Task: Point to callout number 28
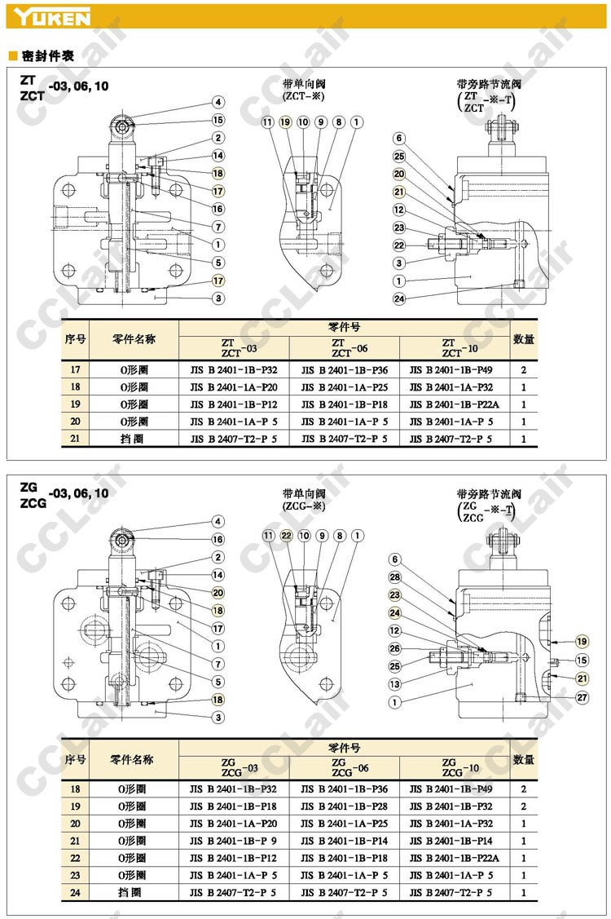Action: tap(396, 577)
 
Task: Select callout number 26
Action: tap(396, 648)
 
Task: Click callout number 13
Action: tap(396, 684)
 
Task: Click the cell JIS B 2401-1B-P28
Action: tap(345, 806)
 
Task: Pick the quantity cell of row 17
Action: tap(523, 369)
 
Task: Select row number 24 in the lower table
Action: tap(76, 893)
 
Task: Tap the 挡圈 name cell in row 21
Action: tap(133, 439)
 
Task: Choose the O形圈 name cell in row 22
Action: tap(133, 858)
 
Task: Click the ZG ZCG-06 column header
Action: tap(345, 767)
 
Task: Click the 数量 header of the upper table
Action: tap(523, 338)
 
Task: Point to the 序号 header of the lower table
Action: tap(76, 759)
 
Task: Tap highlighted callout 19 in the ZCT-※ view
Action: tap(284, 122)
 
